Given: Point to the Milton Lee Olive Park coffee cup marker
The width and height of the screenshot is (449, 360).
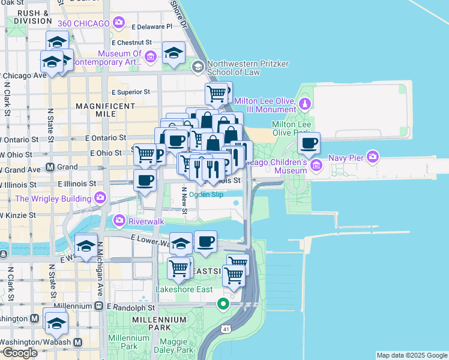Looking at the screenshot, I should (309, 144).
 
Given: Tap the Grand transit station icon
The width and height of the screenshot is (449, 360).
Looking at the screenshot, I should (50, 167).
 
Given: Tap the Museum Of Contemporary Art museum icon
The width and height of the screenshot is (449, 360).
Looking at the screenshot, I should (150, 57).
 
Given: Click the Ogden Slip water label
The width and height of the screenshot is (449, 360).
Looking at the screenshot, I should (206, 194).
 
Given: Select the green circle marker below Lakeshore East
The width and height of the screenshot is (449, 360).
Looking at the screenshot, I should (223, 304).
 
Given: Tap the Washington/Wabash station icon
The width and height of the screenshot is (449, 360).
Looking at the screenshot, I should (77, 342).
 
